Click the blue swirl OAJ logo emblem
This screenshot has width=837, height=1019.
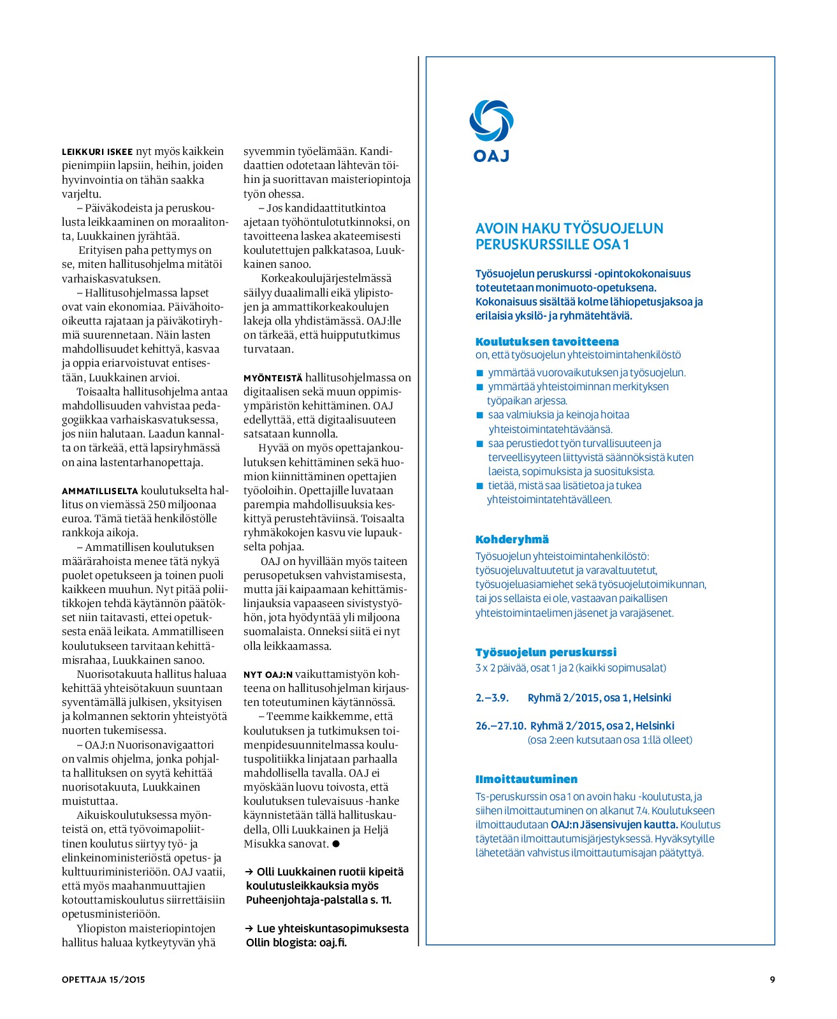pyautogui.click(x=491, y=121)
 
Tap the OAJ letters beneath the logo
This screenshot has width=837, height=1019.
pyautogui.click(x=491, y=156)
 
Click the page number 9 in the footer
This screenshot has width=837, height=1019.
pyautogui.click(x=772, y=979)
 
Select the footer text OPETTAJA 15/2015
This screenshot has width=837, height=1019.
pyautogui.click(x=103, y=979)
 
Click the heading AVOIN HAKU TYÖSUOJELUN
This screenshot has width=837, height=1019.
pyautogui.click(x=569, y=228)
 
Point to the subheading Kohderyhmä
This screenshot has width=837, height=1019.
pyautogui.click(x=512, y=539)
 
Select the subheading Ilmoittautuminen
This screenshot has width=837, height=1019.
pyautogui.click(x=526, y=779)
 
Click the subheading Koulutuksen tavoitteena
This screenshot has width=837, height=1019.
pyautogui.click(x=547, y=342)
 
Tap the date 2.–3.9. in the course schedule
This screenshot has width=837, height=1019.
pyautogui.click(x=492, y=698)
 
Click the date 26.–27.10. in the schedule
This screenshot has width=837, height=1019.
pyautogui.click(x=500, y=726)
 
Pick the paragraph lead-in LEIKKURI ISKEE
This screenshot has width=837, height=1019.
pyautogui.click(x=97, y=152)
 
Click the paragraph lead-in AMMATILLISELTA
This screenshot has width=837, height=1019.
pyautogui.click(x=99, y=491)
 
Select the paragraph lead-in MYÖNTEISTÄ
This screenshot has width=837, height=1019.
pyautogui.click(x=273, y=378)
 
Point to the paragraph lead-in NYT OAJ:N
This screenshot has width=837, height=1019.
pyautogui.click(x=268, y=675)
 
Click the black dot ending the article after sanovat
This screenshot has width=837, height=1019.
pyautogui.click(x=336, y=844)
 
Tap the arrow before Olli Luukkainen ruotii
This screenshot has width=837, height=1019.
pyautogui.click(x=249, y=872)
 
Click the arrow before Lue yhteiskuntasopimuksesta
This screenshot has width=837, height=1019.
pyautogui.click(x=249, y=928)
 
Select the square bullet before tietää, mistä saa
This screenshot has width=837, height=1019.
pyautogui.click(x=480, y=486)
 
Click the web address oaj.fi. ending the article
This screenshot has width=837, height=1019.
pyautogui.click(x=333, y=942)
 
